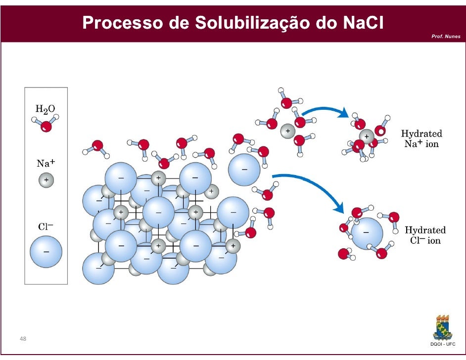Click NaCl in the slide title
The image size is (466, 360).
click(x=364, y=22)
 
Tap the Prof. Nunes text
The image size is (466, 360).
click(x=445, y=37)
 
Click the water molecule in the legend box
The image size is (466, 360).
click(x=46, y=125)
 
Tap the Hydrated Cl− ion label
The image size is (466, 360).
click(x=425, y=235)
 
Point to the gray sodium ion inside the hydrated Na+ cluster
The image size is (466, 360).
click(x=367, y=136)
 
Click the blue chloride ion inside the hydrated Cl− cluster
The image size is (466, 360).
click(x=367, y=233)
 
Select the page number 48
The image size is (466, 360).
click(x=23, y=339)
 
